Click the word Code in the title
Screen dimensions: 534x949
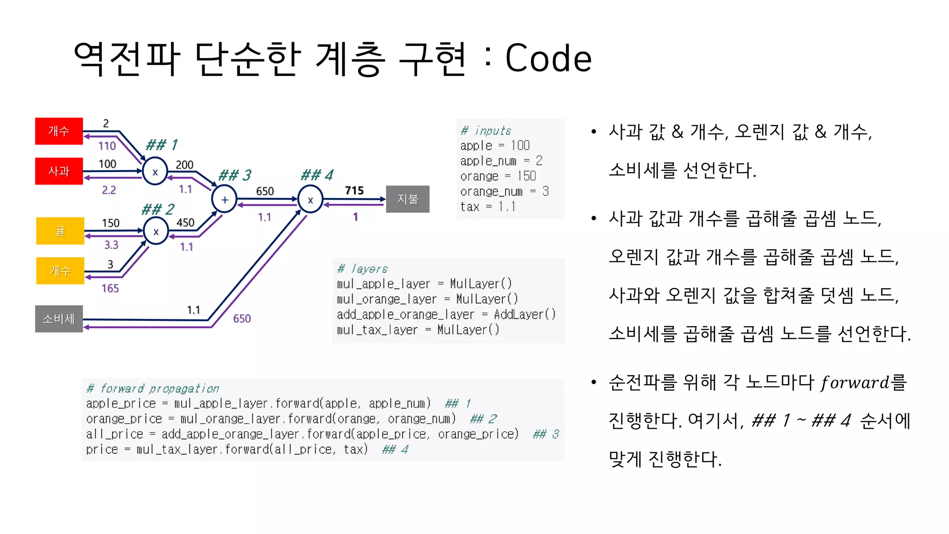[x=548, y=59]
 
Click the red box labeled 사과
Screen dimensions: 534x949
[x=59, y=171]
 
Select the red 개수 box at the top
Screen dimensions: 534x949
[x=59, y=131]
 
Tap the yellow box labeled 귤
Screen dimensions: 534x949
[x=60, y=231]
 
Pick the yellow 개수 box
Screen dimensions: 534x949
[x=60, y=271]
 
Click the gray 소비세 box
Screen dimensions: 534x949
[x=59, y=319]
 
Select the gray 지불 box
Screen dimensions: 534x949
[x=407, y=199]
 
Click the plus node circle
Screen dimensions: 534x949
[x=224, y=200]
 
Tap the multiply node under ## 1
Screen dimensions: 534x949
[x=155, y=172]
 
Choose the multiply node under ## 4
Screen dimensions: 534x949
[x=310, y=200]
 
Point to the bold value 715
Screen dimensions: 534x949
[x=354, y=191]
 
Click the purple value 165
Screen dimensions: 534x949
[x=110, y=288]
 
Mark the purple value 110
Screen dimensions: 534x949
[x=107, y=146]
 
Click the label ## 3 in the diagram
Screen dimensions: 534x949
[x=234, y=175]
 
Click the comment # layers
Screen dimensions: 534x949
[x=362, y=269]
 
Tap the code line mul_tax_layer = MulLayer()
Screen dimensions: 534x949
[x=418, y=330]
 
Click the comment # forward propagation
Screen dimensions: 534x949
[x=152, y=388]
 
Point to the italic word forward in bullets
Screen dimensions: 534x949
[x=854, y=383]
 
